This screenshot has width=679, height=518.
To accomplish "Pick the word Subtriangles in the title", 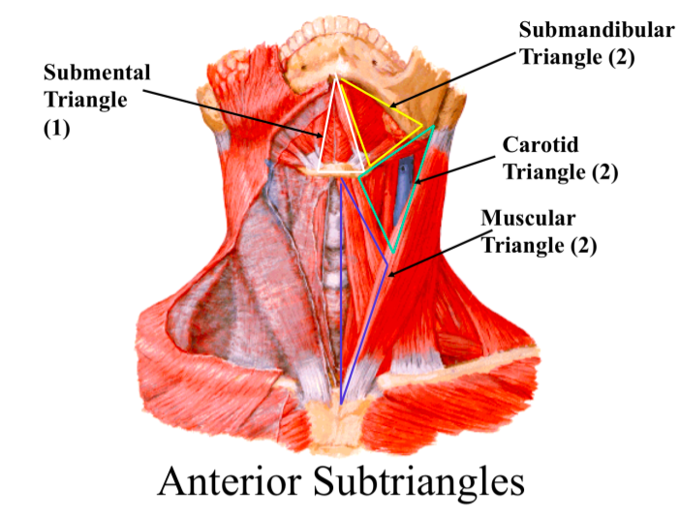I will (x=427, y=481).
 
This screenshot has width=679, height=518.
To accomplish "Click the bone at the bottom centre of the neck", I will (x=339, y=421).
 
